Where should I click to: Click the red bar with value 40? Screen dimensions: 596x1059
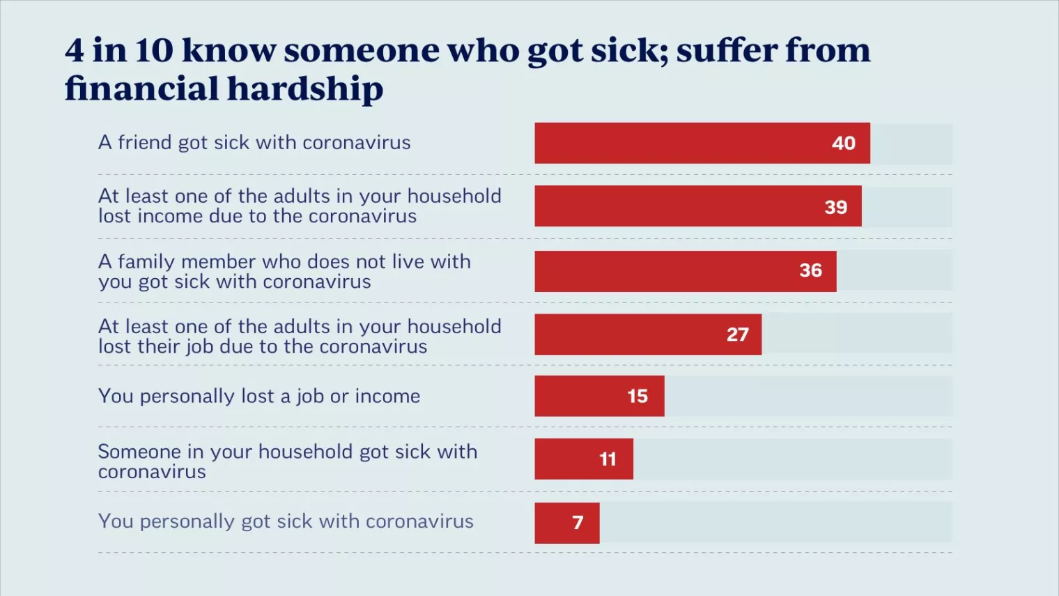702,143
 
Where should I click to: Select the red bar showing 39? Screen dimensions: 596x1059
697,206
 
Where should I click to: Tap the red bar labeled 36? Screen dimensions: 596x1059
685,271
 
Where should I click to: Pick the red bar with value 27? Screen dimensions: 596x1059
648,335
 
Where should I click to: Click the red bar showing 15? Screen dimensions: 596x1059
599,396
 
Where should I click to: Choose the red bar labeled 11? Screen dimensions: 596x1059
584,459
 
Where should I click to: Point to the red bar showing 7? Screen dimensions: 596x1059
566,523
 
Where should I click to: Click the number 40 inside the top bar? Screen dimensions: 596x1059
843,143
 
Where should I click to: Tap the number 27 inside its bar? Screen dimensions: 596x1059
737,335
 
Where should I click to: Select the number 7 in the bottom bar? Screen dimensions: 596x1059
578,523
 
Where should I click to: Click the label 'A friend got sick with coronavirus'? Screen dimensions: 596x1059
254,142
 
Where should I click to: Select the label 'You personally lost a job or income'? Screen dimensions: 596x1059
259,396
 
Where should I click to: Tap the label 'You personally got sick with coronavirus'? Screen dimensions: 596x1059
286,521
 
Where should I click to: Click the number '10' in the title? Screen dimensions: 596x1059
153,50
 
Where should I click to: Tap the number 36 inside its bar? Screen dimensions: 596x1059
810,270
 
